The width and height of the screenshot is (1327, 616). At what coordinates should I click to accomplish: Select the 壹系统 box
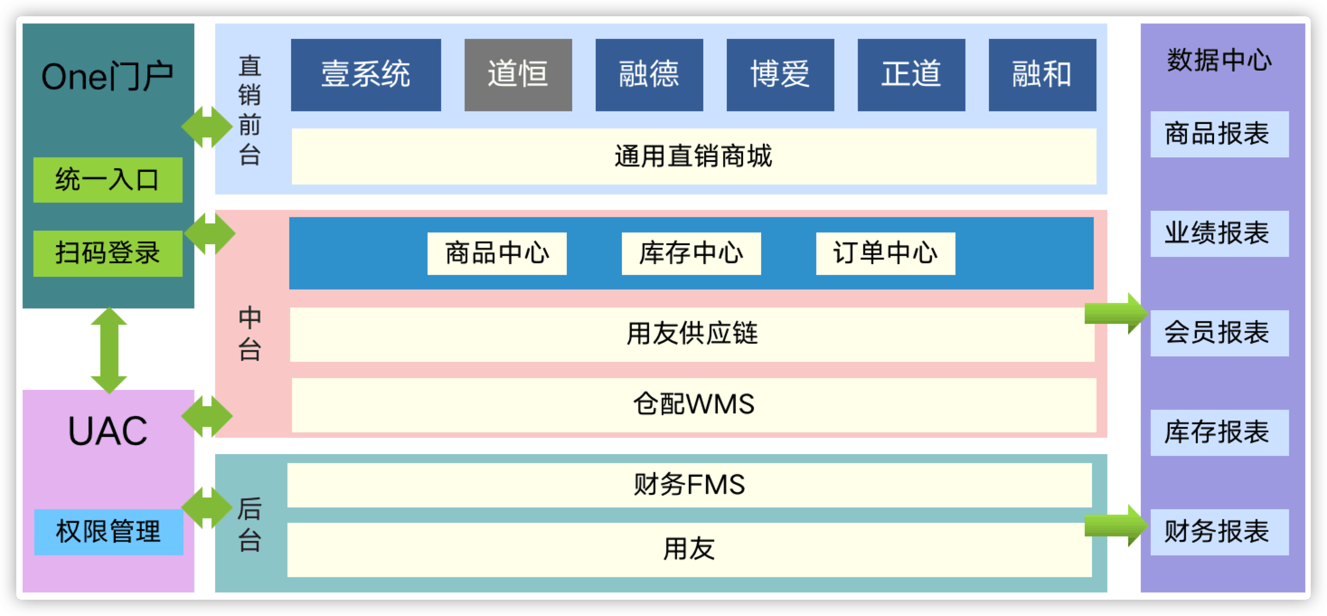point(366,75)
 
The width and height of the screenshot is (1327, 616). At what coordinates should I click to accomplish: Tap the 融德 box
point(649,75)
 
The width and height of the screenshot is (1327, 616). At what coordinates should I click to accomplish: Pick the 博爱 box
point(780,75)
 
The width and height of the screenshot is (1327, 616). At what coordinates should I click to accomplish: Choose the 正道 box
point(911,75)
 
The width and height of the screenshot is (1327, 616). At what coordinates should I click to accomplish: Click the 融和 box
point(1042,75)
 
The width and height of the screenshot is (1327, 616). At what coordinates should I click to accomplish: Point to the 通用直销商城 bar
point(693,156)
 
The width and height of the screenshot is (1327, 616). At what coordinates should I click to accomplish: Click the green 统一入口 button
point(108,180)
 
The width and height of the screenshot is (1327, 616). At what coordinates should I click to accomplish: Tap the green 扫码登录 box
point(108,253)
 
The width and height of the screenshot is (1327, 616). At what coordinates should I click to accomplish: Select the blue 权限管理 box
point(108,532)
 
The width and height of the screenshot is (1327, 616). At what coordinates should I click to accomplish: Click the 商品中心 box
point(497,253)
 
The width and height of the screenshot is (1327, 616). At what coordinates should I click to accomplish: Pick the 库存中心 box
point(691,253)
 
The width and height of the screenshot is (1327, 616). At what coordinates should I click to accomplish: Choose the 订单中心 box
point(885,253)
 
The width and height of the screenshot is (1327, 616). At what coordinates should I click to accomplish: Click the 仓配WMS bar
point(693,405)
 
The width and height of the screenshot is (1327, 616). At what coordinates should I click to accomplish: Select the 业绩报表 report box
point(1219,233)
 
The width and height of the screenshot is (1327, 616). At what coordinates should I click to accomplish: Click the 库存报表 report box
point(1219,432)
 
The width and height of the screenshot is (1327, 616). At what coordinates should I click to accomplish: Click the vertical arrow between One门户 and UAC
point(108,351)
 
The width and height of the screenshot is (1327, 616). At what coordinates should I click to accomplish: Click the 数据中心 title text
point(1219,60)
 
